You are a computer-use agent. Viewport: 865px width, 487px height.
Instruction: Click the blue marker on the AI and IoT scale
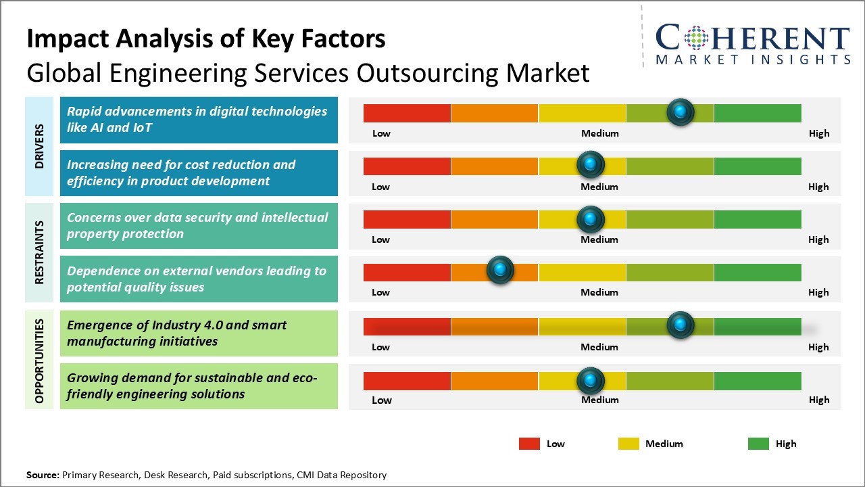[680, 112]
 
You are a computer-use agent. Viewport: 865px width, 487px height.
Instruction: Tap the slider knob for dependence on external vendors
[500, 271]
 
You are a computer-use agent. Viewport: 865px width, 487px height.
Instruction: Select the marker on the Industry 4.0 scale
[680, 325]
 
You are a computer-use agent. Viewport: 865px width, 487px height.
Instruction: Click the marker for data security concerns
[591, 218]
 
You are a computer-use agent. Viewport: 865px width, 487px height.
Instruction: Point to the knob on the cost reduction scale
[591, 164]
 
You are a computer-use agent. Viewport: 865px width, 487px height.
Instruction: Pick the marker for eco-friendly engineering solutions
[591, 380]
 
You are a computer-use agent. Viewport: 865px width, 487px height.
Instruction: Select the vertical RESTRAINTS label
[39, 252]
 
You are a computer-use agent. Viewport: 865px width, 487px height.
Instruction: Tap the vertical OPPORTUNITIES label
[39, 360]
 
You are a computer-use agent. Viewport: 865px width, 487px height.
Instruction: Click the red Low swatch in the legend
[529, 444]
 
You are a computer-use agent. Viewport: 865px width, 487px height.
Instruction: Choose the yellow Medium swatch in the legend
[628, 444]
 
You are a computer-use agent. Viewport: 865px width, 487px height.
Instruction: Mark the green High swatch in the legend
[758, 444]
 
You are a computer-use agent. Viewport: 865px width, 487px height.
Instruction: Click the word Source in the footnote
[43, 475]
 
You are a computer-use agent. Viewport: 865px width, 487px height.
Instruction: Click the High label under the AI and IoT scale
[818, 133]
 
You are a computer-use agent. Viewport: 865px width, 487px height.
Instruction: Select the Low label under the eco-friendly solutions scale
[381, 400]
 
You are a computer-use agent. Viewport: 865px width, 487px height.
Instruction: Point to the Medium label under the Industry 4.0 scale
[599, 347]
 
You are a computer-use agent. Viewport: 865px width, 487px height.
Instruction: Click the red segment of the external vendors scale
[407, 272]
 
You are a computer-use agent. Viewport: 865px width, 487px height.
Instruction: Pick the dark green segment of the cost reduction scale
[757, 166]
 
